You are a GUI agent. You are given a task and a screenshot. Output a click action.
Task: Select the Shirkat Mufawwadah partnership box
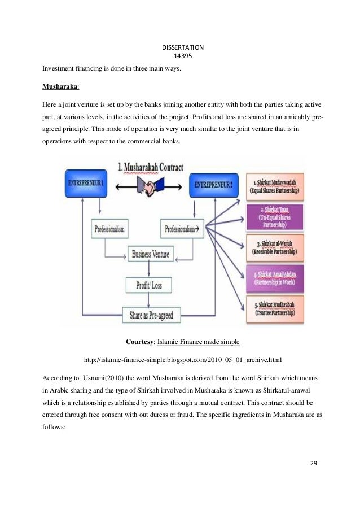point(275,185)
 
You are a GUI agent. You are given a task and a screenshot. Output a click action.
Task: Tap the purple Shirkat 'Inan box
point(276,217)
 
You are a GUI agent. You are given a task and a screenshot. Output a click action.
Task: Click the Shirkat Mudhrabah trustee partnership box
point(276,309)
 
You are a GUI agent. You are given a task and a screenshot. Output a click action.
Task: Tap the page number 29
point(314,463)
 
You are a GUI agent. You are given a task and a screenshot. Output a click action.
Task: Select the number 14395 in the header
point(180,55)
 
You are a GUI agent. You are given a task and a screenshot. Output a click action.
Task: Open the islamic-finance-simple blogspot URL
point(182,359)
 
